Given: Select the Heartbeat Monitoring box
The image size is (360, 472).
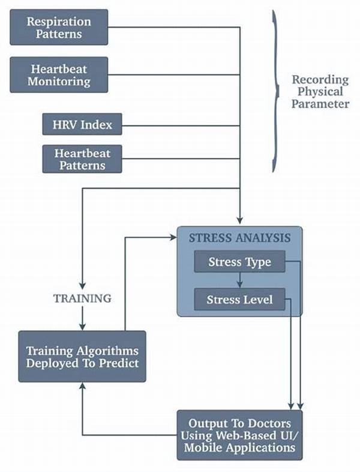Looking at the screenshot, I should coord(59,75).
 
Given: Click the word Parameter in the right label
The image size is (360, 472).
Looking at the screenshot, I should coord(320,104).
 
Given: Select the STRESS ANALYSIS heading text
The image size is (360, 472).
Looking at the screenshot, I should coord(239,238).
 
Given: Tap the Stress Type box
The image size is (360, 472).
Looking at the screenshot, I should coord(239,262).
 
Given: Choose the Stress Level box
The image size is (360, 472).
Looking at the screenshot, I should coord(239,299).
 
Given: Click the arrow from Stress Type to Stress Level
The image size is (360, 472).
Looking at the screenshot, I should coord(239,280).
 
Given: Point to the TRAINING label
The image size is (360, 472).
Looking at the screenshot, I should coord(82,298).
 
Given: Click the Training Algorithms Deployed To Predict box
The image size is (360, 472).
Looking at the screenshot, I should coord(82,356).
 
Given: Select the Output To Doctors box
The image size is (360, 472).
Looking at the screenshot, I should coord(239,434).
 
